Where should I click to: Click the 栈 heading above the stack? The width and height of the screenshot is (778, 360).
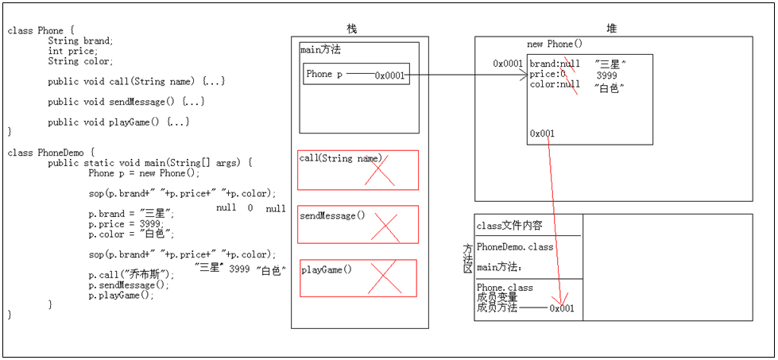click(352, 29)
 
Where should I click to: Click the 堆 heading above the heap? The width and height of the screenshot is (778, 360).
click(611, 29)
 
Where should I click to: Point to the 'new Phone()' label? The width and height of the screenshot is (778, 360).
click(555, 45)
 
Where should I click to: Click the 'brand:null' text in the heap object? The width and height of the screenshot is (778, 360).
click(555, 64)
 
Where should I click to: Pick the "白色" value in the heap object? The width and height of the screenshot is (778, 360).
click(610, 87)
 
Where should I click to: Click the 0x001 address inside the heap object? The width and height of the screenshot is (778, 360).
click(542, 134)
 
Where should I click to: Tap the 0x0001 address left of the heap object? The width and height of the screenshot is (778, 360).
click(508, 64)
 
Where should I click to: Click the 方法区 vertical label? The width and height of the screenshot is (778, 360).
click(468, 259)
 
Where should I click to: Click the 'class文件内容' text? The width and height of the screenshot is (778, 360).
click(509, 226)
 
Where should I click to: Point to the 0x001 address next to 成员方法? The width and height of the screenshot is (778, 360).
click(561, 308)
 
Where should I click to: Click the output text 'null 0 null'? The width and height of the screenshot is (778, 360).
click(250, 208)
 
